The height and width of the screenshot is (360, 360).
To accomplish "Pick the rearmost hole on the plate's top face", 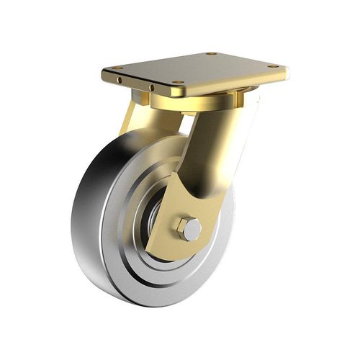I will point(210,53).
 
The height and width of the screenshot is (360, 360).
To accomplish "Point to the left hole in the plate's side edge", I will point(120,79).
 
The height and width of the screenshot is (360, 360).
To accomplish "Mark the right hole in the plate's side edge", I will point(151,89).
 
